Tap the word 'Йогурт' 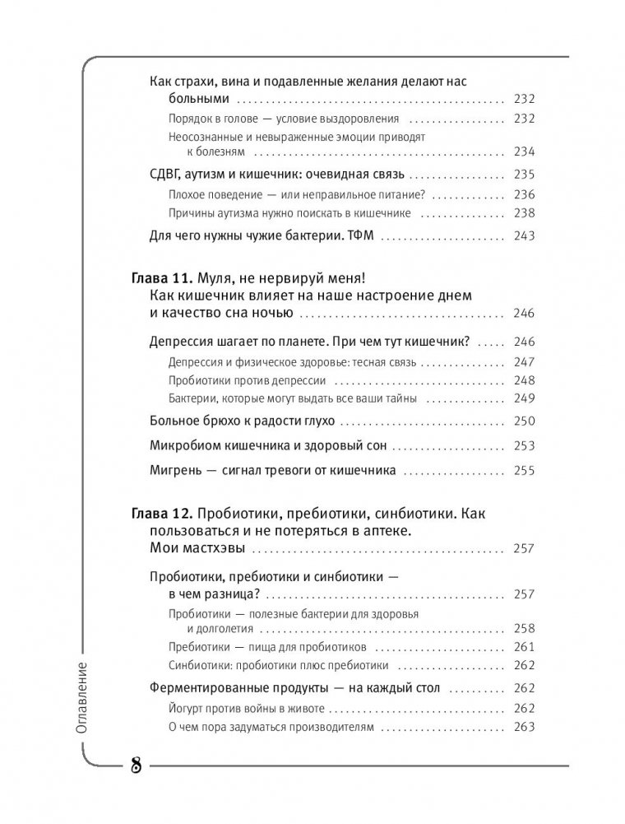tap(186, 707)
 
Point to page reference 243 tap(523, 235)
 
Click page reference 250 tap(523, 421)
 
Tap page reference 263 tap(523, 727)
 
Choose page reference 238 tap(523, 212)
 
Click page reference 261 tap(523, 645)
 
